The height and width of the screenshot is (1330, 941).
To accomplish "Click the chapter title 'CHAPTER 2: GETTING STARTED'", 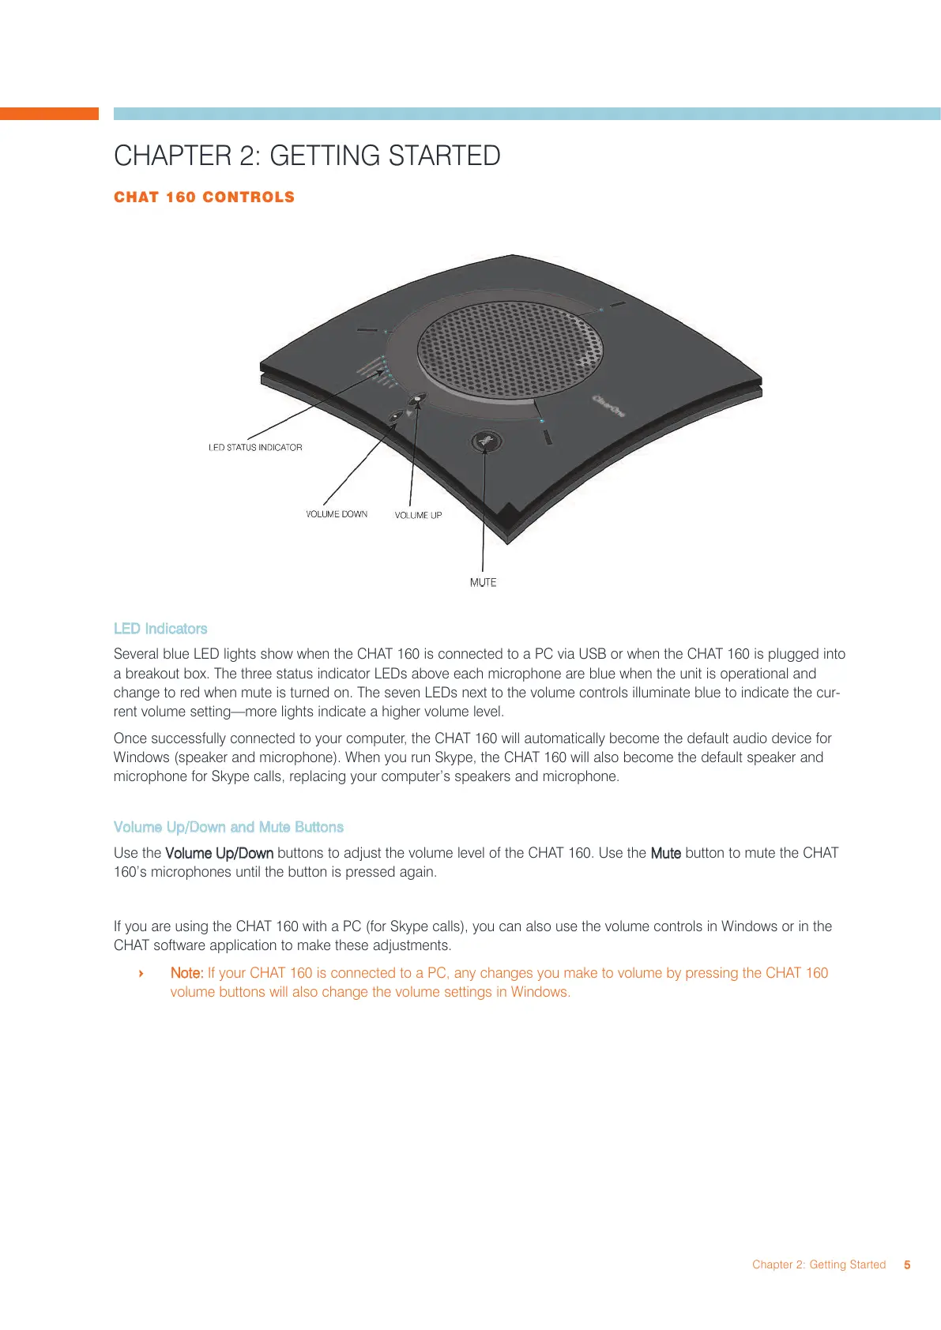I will tap(307, 156).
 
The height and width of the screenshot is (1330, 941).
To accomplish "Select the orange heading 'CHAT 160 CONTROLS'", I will tap(204, 197).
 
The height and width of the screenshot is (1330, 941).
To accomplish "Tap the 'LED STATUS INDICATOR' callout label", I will tap(255, 448).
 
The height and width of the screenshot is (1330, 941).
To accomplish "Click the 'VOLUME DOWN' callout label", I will tap(337, 514).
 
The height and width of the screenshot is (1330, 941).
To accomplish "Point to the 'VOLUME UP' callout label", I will tap(418, 516).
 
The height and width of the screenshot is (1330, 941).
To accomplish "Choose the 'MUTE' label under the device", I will tap(483, 583).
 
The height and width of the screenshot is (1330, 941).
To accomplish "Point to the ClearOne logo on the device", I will tap(608, 405).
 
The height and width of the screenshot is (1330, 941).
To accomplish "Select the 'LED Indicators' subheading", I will tap(160, 629).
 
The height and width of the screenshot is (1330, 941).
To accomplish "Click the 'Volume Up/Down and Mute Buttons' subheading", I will tap(228, 827).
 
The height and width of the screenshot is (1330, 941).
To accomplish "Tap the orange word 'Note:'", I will tap(186, 973).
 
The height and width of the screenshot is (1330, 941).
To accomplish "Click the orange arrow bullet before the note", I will tap(141, 973).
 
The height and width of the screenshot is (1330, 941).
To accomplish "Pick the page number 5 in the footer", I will tap(907, 1264).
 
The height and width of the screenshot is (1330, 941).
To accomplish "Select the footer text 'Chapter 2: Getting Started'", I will tap(819, 1264).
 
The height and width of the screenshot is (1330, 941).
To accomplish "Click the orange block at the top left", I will tap(49, 114).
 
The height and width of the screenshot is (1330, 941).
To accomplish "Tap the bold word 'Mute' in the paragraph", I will tap(665, 853).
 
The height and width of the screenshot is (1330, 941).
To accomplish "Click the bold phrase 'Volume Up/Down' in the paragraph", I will tap(219, 853).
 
